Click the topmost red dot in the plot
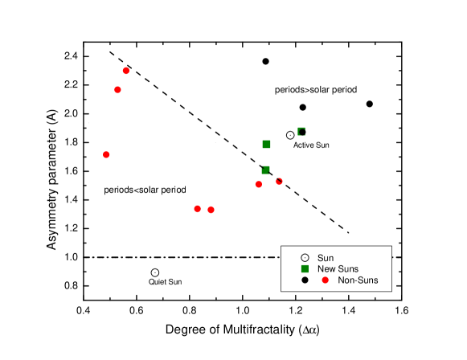(x=126, y=71)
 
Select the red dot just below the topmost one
(x=117, y=89)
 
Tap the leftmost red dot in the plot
(x=106, y=154)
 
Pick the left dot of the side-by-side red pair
(x=197, y=209)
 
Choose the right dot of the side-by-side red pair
(x=211, y=210)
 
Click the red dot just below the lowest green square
(x=258, y=184)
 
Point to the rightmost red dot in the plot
(x=279, y=181)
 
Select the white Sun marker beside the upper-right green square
(x=290, y=135)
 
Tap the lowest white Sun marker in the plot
(x=155, y=272)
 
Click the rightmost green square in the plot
(x=301, y=131)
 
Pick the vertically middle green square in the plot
(x=266, y=144)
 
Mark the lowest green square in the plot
(x=265, y=170)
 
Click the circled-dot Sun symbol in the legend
(x=305, y=257)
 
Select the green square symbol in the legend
(x=305, y=268)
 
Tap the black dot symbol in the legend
(x=305, y=280)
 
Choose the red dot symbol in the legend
(x=325, y=280)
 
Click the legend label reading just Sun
(x=326, y=258)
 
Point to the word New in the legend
(x=327, y=269)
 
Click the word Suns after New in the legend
(x=349, y=269)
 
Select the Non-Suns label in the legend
(x=358, y=280)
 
